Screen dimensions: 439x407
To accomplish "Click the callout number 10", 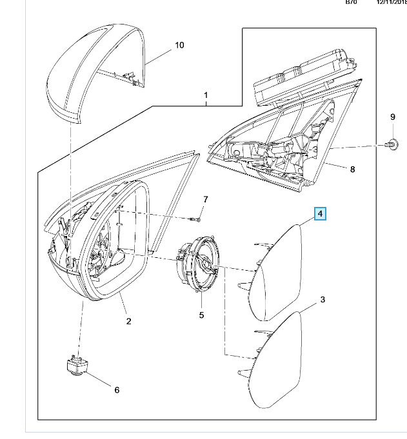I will (179, 45).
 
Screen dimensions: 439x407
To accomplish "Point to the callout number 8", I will (352, 170).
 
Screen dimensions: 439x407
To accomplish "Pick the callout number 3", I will (323, 300).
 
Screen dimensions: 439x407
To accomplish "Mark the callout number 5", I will (201, 315).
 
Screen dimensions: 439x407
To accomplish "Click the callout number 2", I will (128, 321).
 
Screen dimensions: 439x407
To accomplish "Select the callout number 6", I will (117, 389).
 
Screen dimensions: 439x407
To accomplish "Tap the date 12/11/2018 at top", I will (392, 3).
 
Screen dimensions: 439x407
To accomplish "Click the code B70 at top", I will (351, 3).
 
